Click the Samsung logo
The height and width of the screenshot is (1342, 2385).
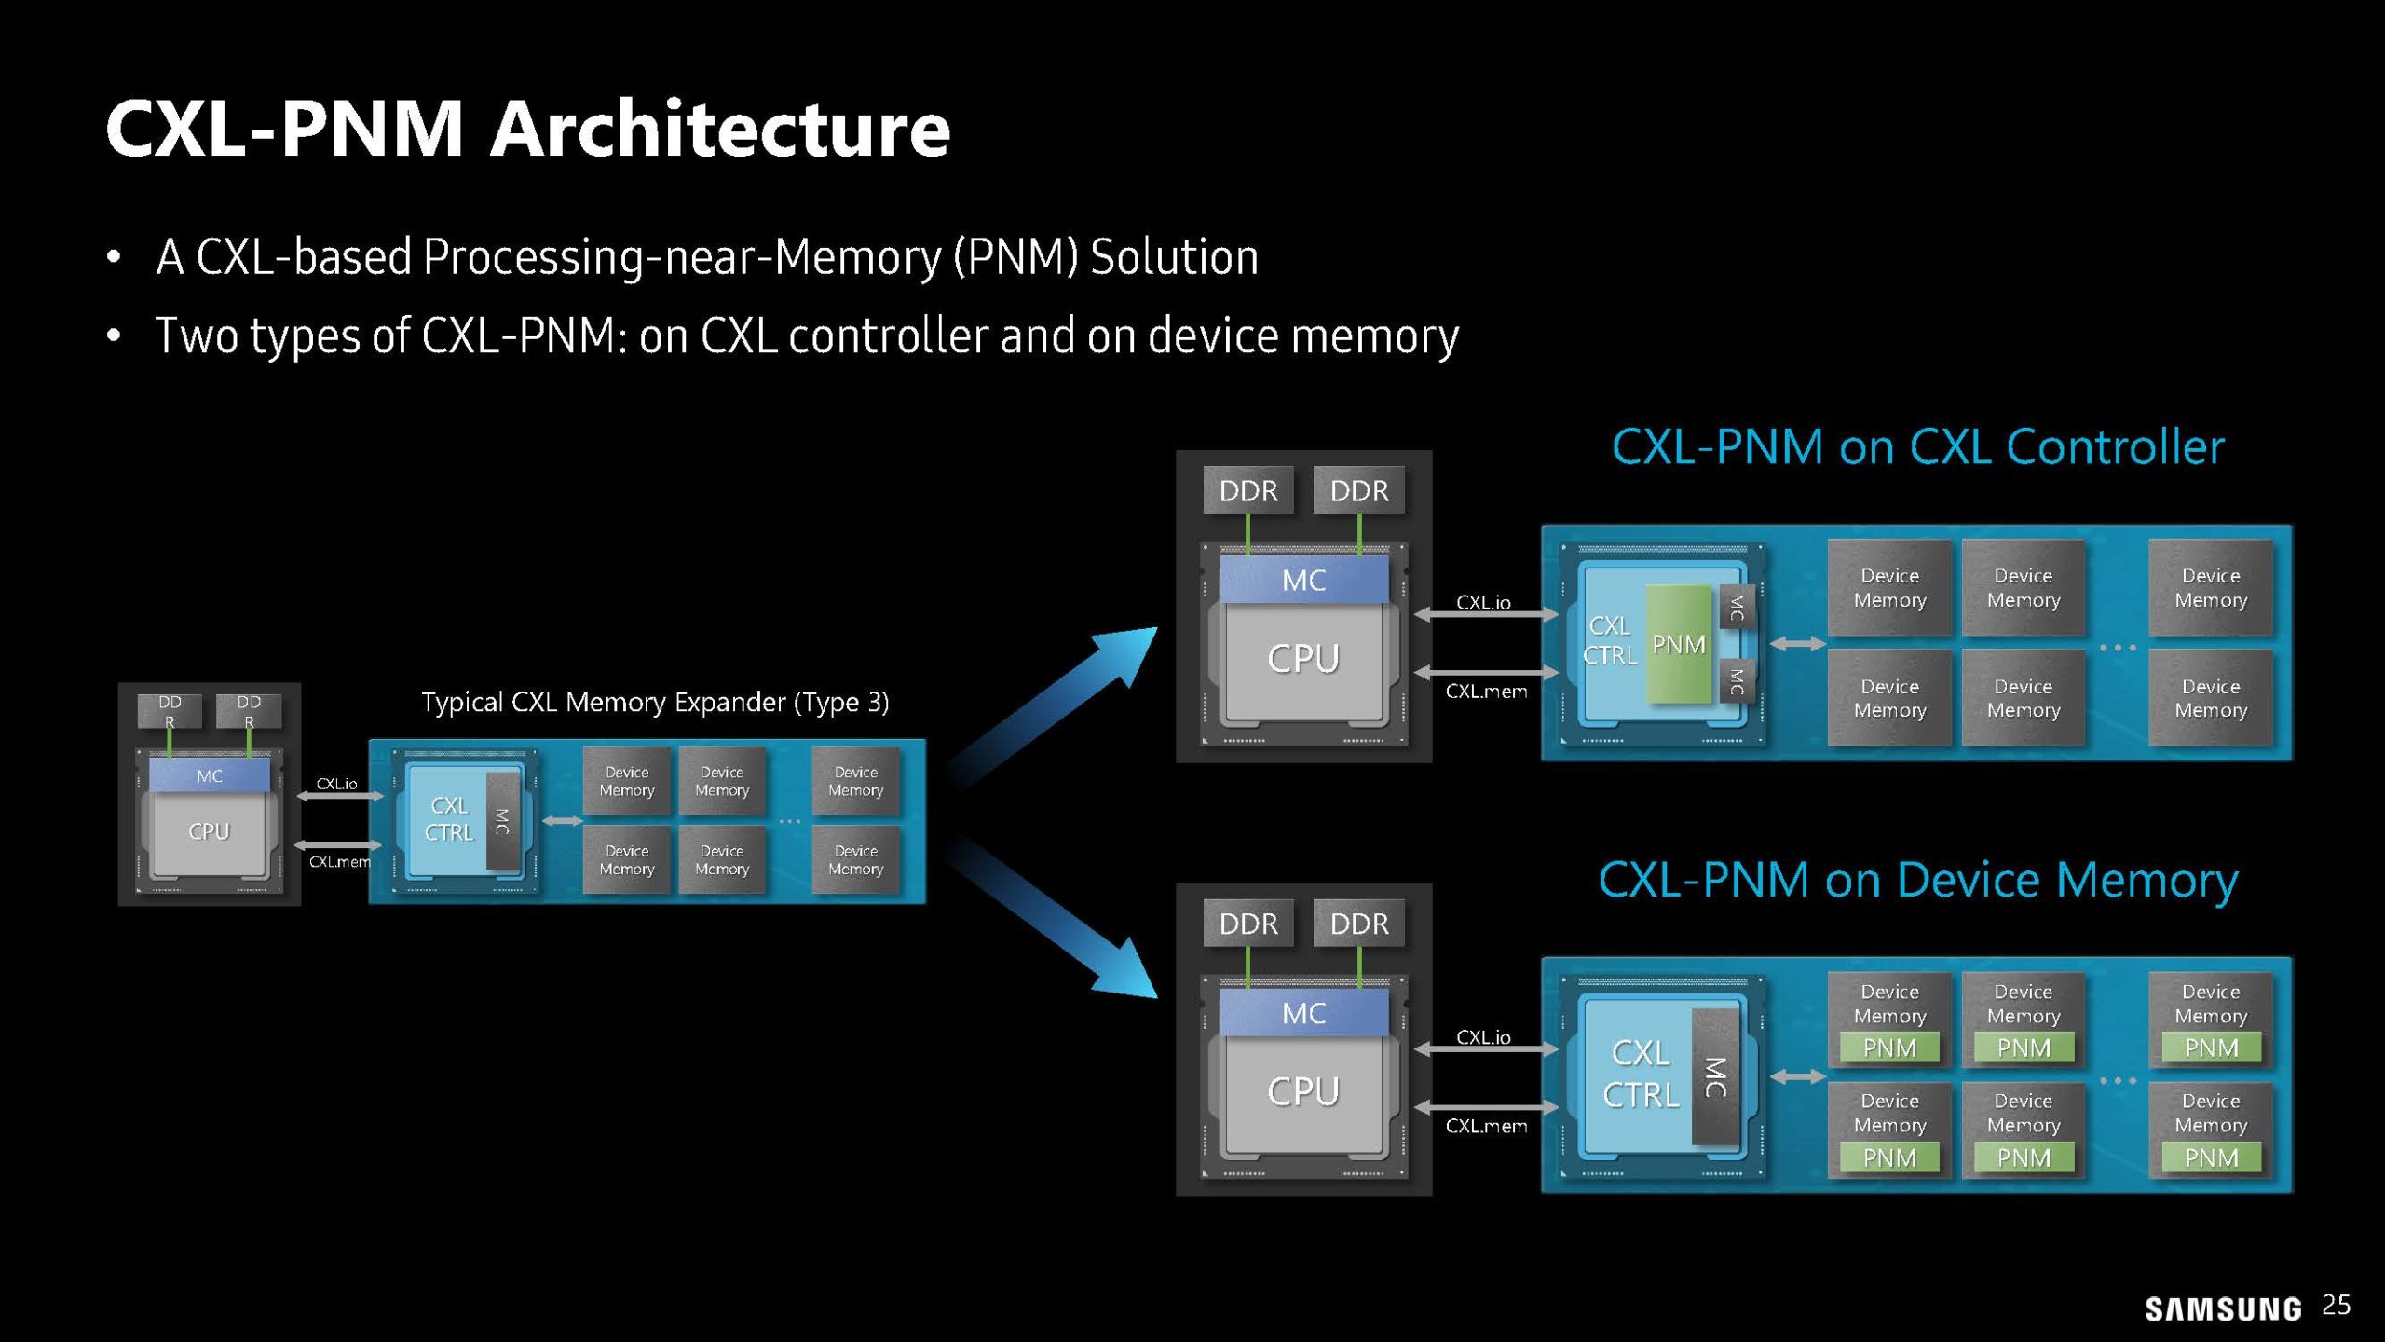click(2223, 1309)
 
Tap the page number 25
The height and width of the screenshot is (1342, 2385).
click(2337, 1305)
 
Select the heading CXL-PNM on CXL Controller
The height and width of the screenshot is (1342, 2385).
click(1917, 446)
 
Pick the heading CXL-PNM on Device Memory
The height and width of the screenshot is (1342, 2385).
click(1917, 880)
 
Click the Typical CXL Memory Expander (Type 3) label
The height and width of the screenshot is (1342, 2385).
click(655, 702)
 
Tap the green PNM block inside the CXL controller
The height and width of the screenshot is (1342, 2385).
click(1679, 644)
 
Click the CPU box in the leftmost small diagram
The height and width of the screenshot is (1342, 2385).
click(209, 831)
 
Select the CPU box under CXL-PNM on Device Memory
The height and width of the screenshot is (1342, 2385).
click(1303, 1091)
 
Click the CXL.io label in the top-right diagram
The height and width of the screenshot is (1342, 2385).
click(1483, 603)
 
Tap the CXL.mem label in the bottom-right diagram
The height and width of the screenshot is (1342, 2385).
click(1486, 1126)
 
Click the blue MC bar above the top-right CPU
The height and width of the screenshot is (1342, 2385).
click(1303, 581)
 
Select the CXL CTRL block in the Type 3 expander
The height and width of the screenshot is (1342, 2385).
click(450, 819)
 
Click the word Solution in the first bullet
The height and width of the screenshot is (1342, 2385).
click(1174, 257)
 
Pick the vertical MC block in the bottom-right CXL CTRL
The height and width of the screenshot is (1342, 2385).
click(1715, 1076)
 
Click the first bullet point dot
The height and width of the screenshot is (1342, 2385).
click(114, 257)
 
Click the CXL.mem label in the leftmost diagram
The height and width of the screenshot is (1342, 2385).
click(339, 862)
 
